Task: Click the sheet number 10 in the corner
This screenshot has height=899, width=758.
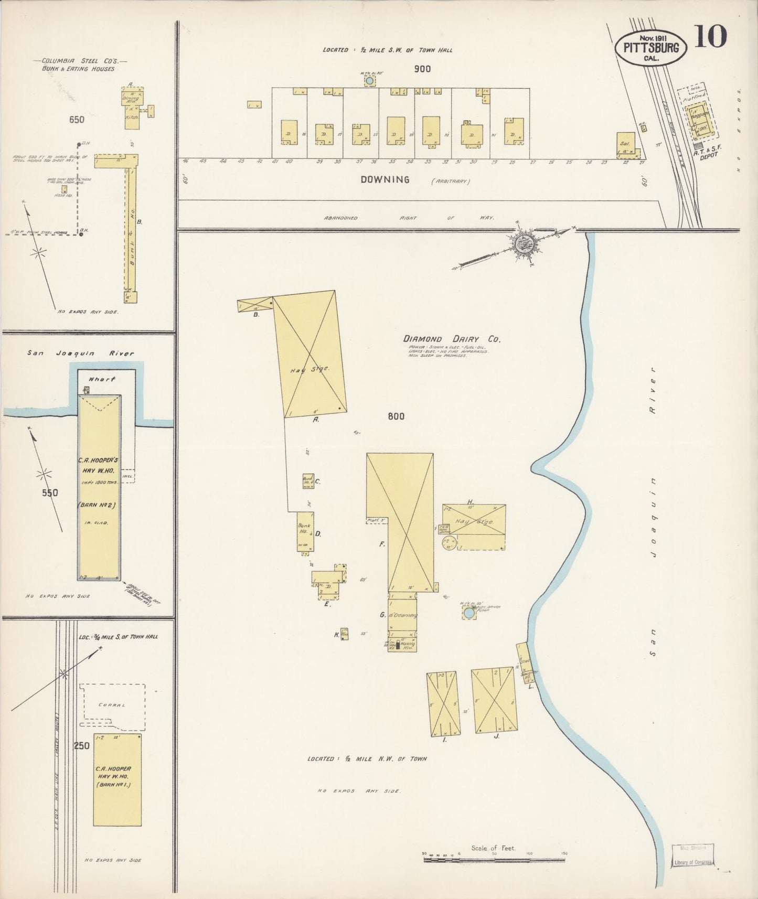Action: point(711,37)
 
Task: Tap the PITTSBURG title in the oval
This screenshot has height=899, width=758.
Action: point(650,48)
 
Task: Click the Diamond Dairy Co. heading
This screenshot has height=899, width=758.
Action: point(452,339)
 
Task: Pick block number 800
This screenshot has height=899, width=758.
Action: point(396,416)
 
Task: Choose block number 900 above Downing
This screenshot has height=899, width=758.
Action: point(422,69)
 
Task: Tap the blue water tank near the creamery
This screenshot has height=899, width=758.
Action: point(469,613)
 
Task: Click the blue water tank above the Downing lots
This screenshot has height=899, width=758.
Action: point(369,81)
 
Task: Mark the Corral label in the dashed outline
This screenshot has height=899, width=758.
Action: point(112,705)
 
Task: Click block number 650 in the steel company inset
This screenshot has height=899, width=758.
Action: point(77,120)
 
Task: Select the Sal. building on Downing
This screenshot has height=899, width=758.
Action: point(626,144)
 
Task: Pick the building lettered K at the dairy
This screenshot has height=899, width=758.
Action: point(344,634)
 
